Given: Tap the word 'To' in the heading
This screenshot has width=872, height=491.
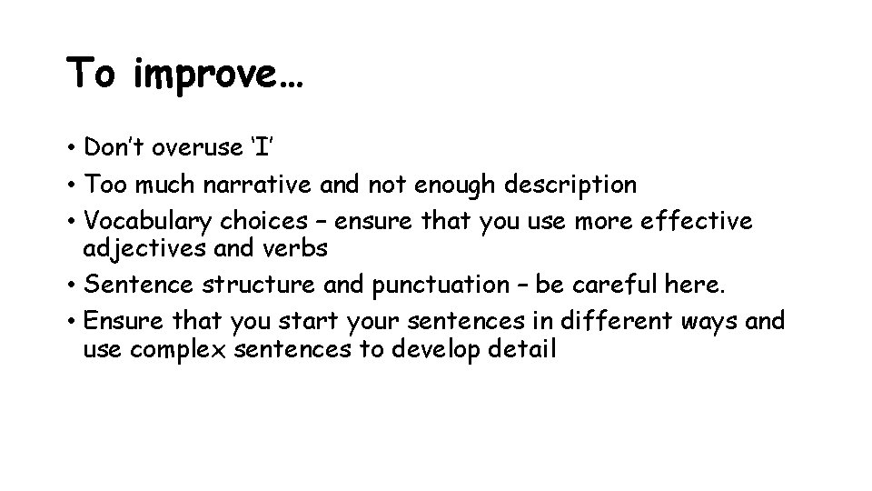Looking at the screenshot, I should (x=93, y=73).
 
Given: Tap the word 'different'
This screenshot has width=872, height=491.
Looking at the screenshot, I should (x=603, y=323).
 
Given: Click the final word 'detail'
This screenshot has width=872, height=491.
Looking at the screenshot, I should (x=520, y=348).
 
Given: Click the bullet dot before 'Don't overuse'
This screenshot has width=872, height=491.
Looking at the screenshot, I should (x=71, y=148).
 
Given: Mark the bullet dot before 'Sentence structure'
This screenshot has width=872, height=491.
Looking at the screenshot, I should (x=71, y=286).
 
